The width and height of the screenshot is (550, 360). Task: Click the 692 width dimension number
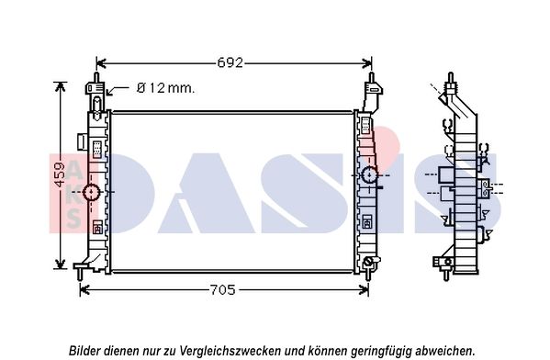coord(230,63)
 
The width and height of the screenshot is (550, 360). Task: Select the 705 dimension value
coord(224,290)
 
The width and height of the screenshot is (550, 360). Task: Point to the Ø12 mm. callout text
coord(165,89)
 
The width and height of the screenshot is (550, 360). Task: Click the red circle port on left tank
coord(92,192)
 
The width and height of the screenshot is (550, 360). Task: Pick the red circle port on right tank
coord(369,174)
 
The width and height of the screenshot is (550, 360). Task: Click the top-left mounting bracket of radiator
coord(95,92)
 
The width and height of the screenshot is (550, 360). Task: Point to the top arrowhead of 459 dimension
coord(62,85)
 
